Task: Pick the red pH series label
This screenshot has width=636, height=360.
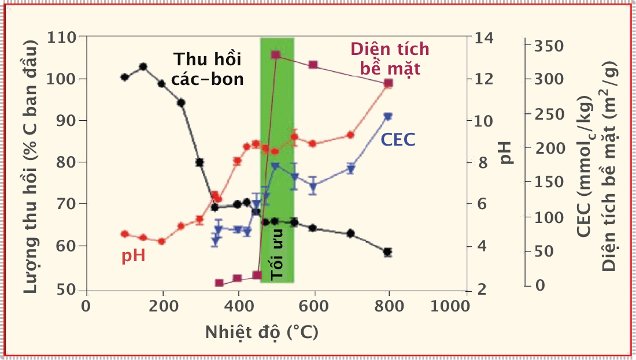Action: point(133,255)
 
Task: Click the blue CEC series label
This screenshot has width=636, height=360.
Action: point(398,139)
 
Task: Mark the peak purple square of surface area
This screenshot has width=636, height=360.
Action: point(276,55)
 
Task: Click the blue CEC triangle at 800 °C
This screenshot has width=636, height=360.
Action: point(388,117)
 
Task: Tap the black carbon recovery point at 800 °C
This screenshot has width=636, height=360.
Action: point(387,252)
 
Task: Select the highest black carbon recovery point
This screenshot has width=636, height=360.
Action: point(143,66)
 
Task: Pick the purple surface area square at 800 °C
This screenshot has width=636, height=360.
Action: point(389,83)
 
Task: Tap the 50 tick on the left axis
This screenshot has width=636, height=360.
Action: point(71,290)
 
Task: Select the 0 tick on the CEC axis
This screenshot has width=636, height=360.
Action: point(541,285)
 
